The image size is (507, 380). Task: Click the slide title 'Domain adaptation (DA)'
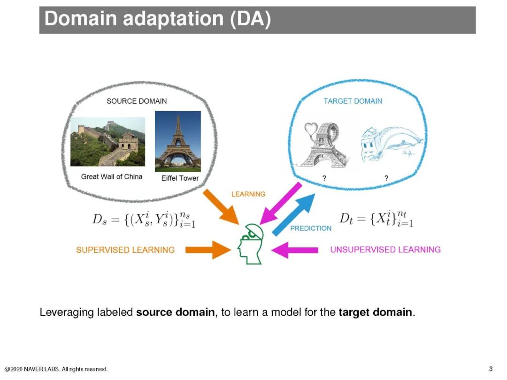click(158, 19)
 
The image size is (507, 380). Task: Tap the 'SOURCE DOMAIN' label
click(137, 101)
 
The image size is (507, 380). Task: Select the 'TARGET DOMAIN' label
click(353, 101)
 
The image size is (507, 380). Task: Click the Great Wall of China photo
click(108, 142)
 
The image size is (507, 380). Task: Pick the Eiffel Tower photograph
click(177, 141)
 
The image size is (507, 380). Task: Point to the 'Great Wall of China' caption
click(112, 177)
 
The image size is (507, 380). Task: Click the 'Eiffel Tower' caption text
click(180, 178)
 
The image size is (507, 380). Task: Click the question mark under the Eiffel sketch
click(324, 178)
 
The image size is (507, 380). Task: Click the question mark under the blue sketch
click(386, 178)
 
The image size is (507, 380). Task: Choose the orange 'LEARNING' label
click(248, 194)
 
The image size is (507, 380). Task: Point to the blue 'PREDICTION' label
click(311, 228)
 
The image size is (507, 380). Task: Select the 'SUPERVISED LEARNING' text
click(125, 250)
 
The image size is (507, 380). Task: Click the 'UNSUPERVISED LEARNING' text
click(385, 250)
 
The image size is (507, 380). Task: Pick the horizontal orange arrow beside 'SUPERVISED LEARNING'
click(207, 250)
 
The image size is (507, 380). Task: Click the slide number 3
click(491, 369)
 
